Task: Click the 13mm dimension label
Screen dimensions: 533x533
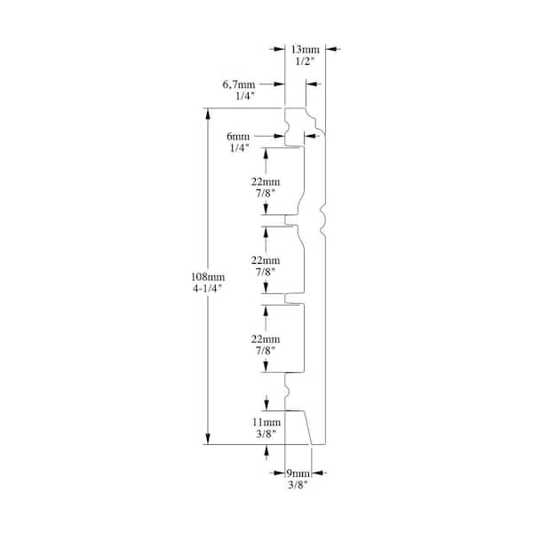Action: (306, 50)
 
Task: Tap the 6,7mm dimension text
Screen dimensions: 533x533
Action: (239, 84)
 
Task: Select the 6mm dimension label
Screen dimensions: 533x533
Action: (238, 136)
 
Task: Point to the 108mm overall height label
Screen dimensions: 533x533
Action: (208, 276)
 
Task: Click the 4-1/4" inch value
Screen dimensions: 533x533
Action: (207, 288)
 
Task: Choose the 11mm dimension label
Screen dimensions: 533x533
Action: (266, 422)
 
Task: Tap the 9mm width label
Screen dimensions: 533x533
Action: (298, 473)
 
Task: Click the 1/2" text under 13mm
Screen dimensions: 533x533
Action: (305, 61)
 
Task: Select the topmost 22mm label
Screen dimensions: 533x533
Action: (266, 181)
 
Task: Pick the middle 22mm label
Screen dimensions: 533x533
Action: (266, 260)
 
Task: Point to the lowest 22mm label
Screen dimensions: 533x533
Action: (266, 339)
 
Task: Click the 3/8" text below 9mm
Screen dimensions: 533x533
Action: (298, 484)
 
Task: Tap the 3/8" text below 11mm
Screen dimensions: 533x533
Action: (266, 434)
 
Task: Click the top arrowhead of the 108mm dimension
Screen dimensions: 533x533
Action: (208, 114)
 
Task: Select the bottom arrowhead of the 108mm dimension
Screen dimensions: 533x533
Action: (208, 439)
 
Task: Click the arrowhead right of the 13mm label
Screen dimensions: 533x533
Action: (331, 49)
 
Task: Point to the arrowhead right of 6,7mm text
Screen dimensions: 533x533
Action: (279, 84)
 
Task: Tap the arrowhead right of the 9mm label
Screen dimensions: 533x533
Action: (317, 473)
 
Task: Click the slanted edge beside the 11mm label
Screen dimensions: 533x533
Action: (307, 427)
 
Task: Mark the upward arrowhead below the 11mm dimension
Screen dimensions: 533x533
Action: (266, 450)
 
